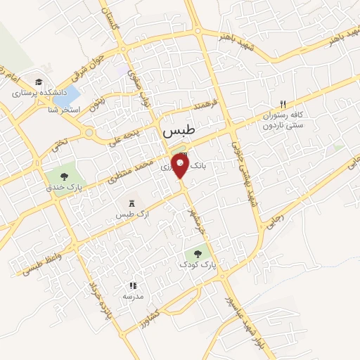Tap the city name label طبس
pyautogui.click(x=180, y=131)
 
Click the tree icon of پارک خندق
pyautogui.click(x=64, y=177)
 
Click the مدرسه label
pyautogui.click(x=133, y=297)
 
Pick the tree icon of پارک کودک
pyautogui.click(x=198, y=254)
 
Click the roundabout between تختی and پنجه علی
pyautogui.click(x=89, y=131)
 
